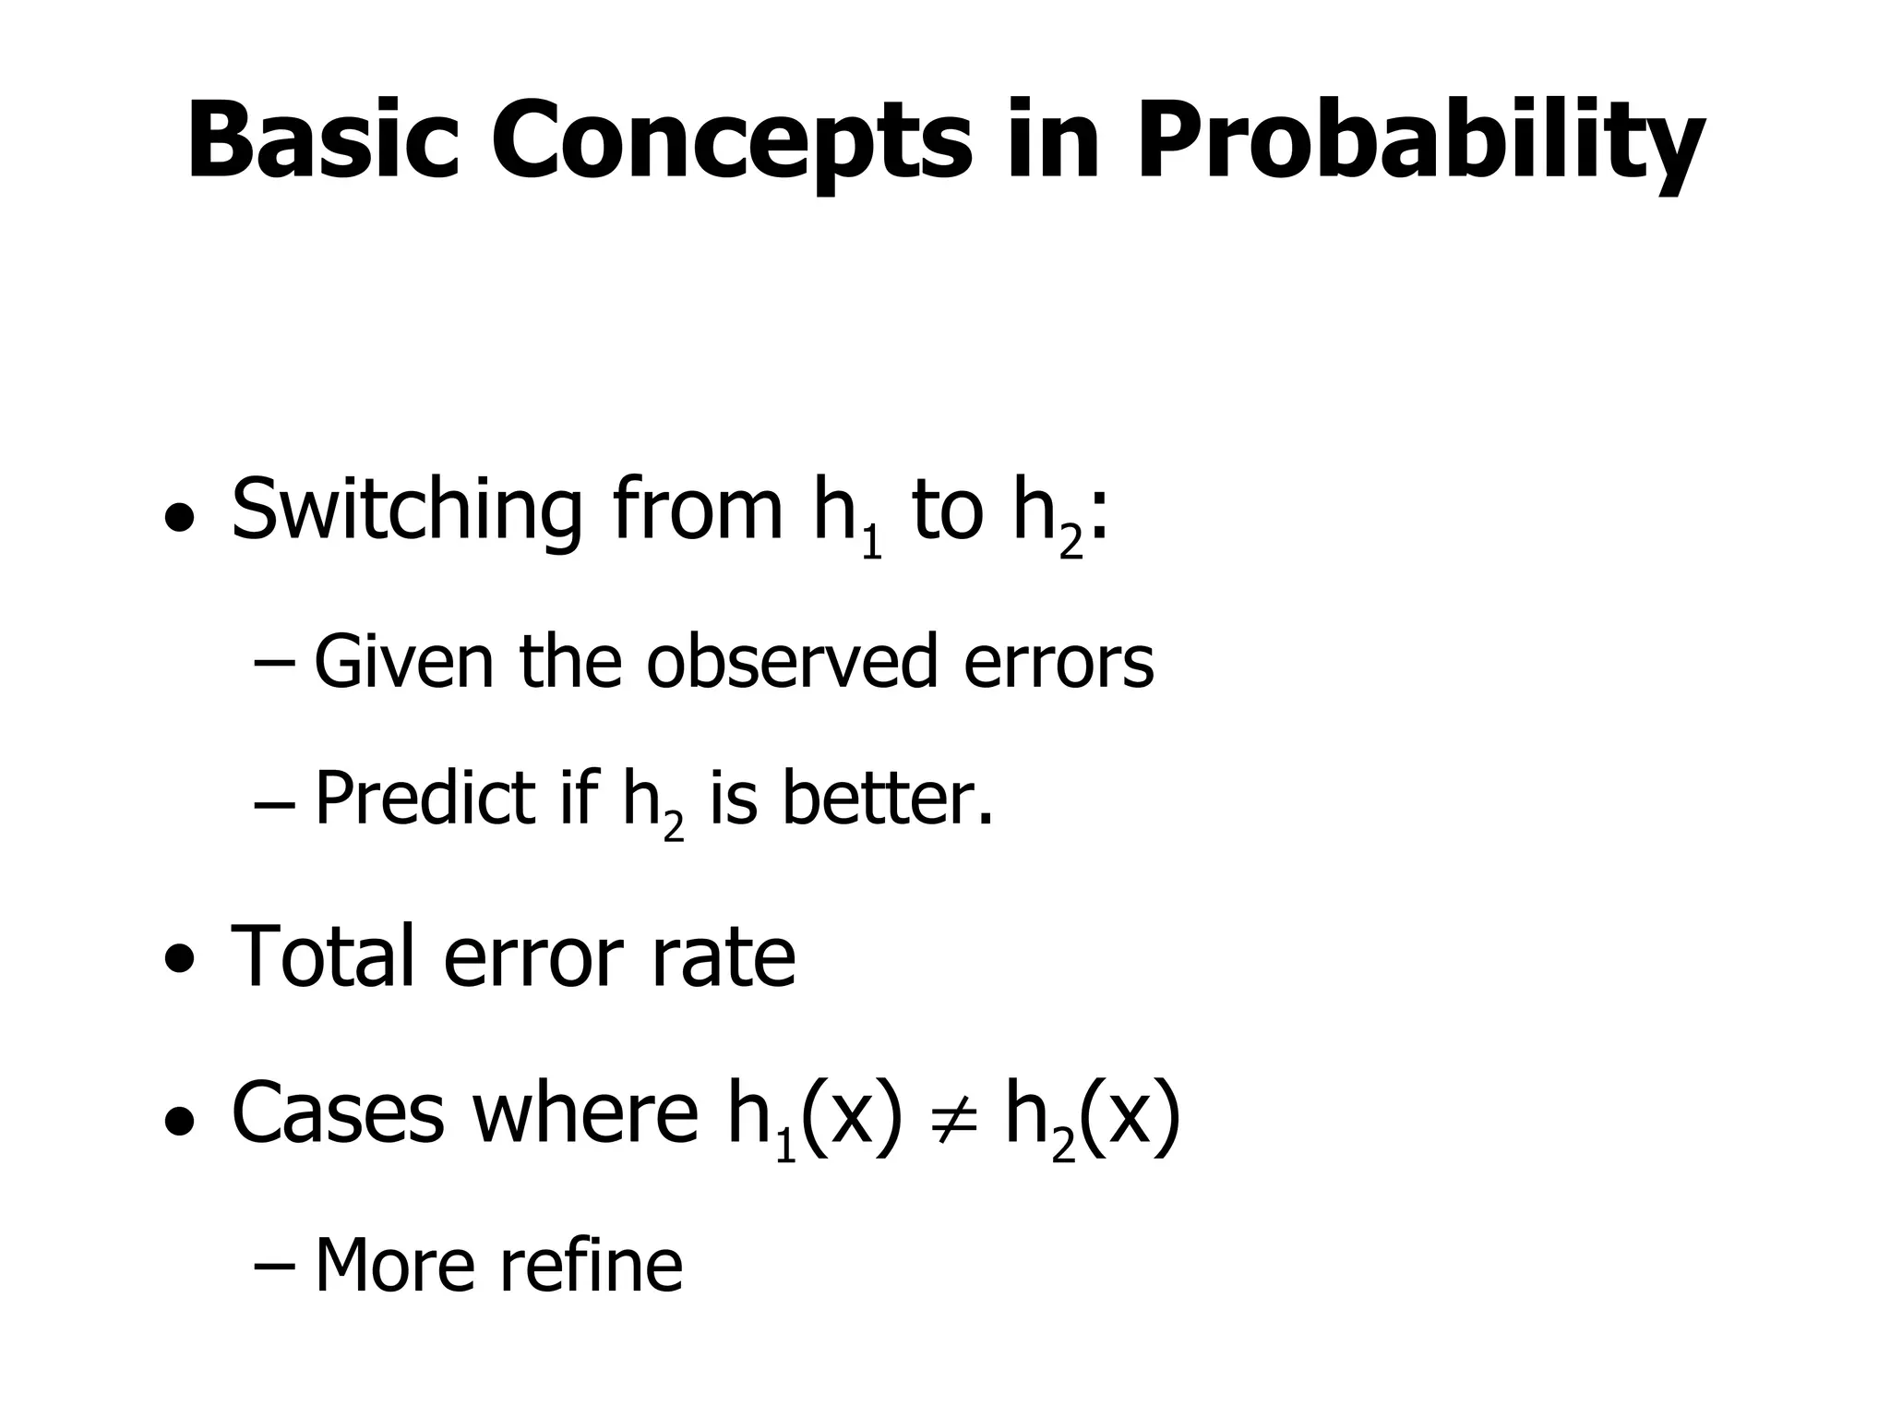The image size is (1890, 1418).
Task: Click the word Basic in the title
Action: tap(322, 141)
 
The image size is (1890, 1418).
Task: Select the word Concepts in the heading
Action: tap(730, 141)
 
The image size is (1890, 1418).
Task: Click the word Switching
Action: tap(406, 511)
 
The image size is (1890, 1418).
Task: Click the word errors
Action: tap(1059, 663)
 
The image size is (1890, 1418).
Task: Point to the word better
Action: tap(888, 798)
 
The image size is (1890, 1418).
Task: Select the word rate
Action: tap(723, 956)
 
